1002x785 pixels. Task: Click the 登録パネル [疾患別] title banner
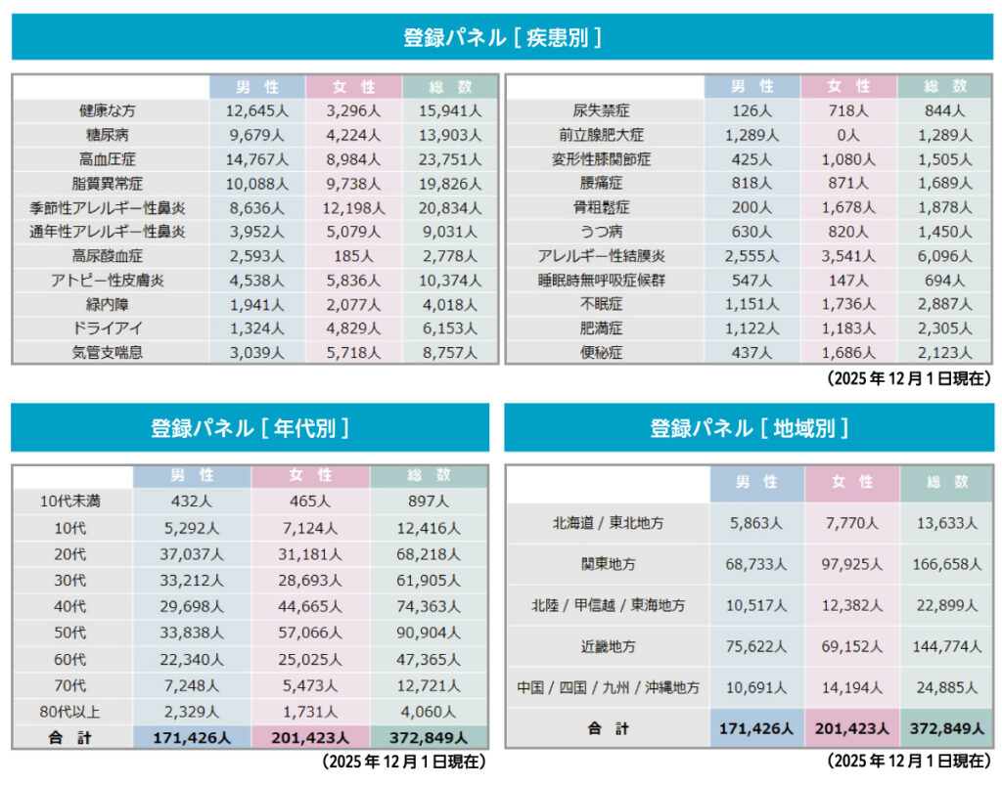coord(501,37)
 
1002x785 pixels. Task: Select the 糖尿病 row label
coord(111,135)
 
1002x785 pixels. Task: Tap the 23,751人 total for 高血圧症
coord(450,159)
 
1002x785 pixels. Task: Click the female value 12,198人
coord(353,207)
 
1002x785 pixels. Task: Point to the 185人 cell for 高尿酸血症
coord(353,256)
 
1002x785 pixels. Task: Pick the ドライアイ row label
coord(111,328)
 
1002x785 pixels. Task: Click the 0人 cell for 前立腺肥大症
coord(848,135)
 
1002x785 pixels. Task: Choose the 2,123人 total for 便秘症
coord(945,353)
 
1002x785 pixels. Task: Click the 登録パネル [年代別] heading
coord(250,427)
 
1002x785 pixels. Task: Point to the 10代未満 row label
coord(71,502)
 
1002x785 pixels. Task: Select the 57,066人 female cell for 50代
coord(310,633)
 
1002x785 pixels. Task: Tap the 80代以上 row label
coord(71,712)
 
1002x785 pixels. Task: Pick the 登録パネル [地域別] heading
coord(750,427)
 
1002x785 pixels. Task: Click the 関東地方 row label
coord(608,564)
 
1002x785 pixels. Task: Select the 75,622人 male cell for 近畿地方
coord(757,646)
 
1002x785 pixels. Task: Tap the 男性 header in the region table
coord(757,482)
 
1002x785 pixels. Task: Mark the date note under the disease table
coord(908,377)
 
